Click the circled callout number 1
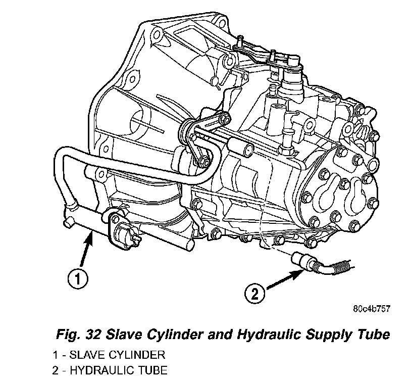tap(78, 279)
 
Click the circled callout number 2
tap(255, 294)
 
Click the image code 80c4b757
tap(372, 309)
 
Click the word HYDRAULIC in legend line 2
tap(101, 370)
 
